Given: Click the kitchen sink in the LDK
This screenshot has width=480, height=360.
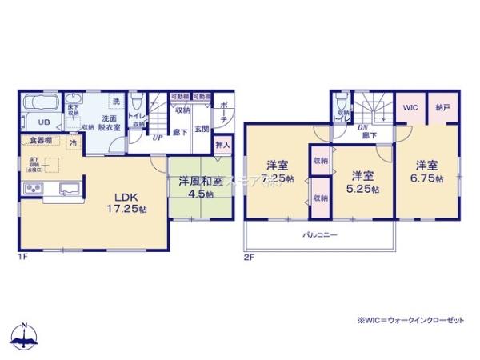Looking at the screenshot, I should [67, 189].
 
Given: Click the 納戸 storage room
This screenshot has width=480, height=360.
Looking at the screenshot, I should [442, 106].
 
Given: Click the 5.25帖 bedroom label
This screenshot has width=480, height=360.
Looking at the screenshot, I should [364, 182].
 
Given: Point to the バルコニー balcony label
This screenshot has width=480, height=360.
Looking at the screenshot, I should [319, 235].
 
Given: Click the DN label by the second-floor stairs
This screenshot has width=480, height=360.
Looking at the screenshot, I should [362, 128].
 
